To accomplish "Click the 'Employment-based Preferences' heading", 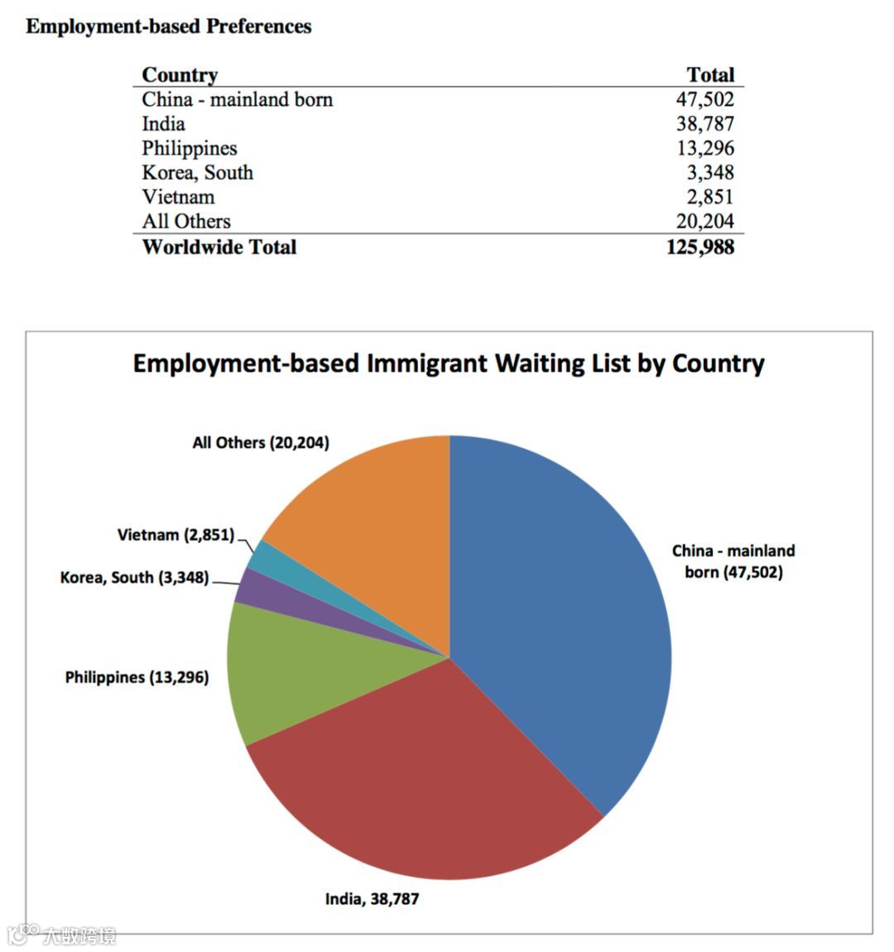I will click(169, 26).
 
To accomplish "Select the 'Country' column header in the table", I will click(180, 75).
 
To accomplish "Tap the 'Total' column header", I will click(710, 75).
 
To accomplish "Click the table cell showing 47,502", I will click(704, 99).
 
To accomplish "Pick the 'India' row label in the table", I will click(163, 124).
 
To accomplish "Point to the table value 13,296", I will click(704, 148).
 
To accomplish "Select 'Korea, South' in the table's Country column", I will click(197, 172).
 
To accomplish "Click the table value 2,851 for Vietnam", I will click(709, 197).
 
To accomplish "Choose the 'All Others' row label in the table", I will click(186, 221).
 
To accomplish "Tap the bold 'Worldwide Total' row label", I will click(219, 247).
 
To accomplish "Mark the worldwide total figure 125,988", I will click(699, 247).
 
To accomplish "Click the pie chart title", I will click(449, 363).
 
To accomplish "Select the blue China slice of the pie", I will click(563, 613).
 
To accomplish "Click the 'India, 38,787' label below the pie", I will click(372, 898).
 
